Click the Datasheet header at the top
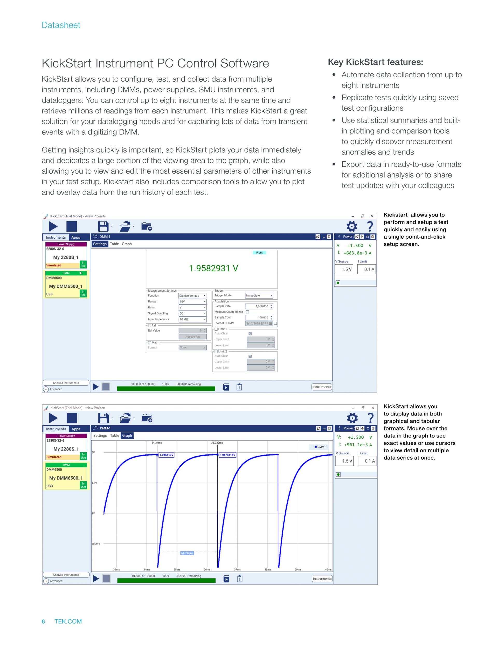[61, 25]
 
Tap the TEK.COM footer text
[68, 621]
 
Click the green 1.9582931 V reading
[213, 268]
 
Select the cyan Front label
[259, 252]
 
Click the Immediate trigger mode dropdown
[259, 295]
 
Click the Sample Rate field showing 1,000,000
[259, 306]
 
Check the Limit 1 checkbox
[216, 329]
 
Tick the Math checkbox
[150, 342]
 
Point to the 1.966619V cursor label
[167, 455]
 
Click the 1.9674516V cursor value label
[227, 455]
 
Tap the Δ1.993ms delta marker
[187, 553]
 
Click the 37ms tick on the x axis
[237, 569]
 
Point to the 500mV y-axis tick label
[96, 544]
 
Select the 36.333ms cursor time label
[217, 443]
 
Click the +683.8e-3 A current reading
[357, 253]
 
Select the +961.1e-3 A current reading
[358, 445]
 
